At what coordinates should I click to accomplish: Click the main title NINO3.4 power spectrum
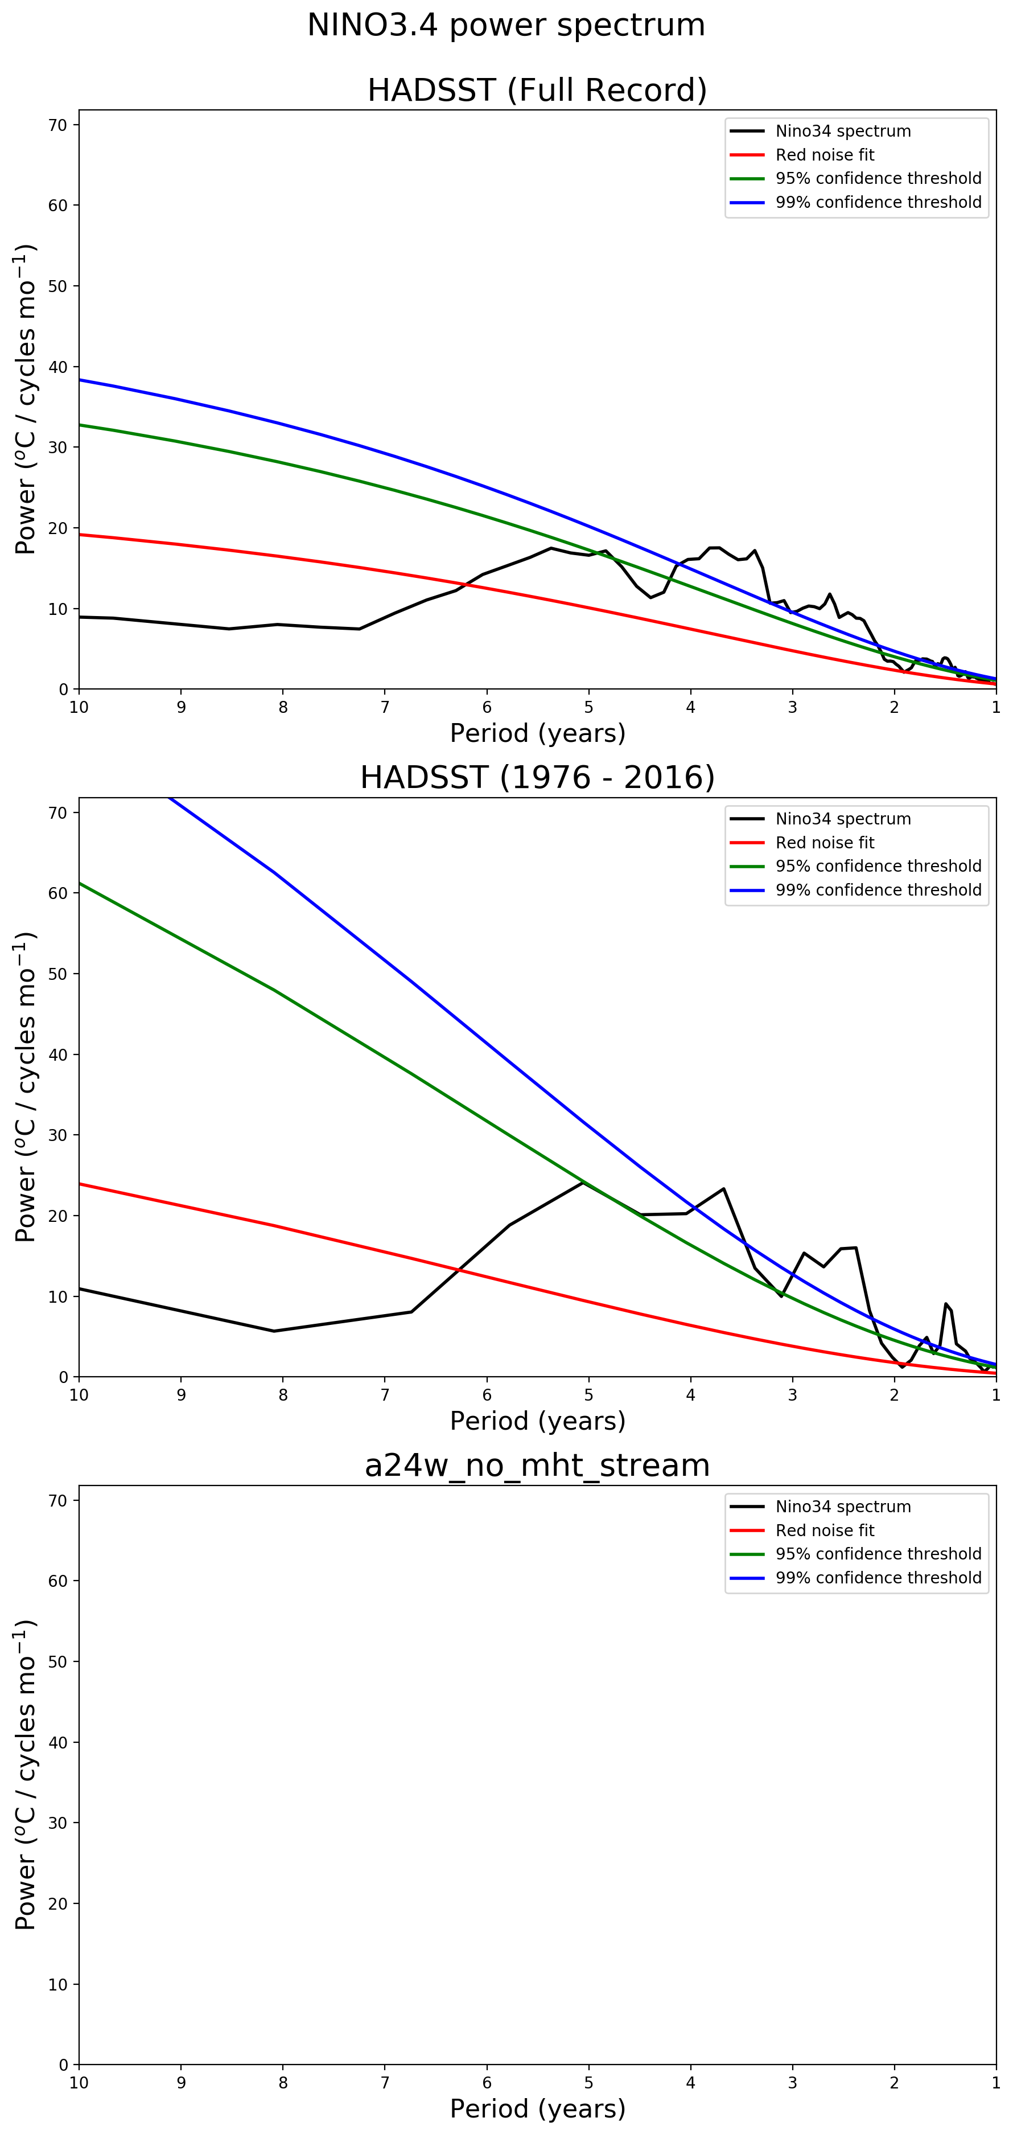506,26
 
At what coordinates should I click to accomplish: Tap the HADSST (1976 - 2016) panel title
537,778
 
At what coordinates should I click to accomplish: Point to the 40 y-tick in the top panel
58,367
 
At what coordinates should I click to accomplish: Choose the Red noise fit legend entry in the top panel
824,155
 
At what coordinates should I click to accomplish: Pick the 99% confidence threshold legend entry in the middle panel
878,890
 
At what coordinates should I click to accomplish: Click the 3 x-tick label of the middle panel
793,1395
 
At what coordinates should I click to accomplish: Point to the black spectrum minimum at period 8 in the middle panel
274,1331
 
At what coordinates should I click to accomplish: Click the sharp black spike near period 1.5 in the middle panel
945,1304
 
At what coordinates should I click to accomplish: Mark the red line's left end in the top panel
80,534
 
